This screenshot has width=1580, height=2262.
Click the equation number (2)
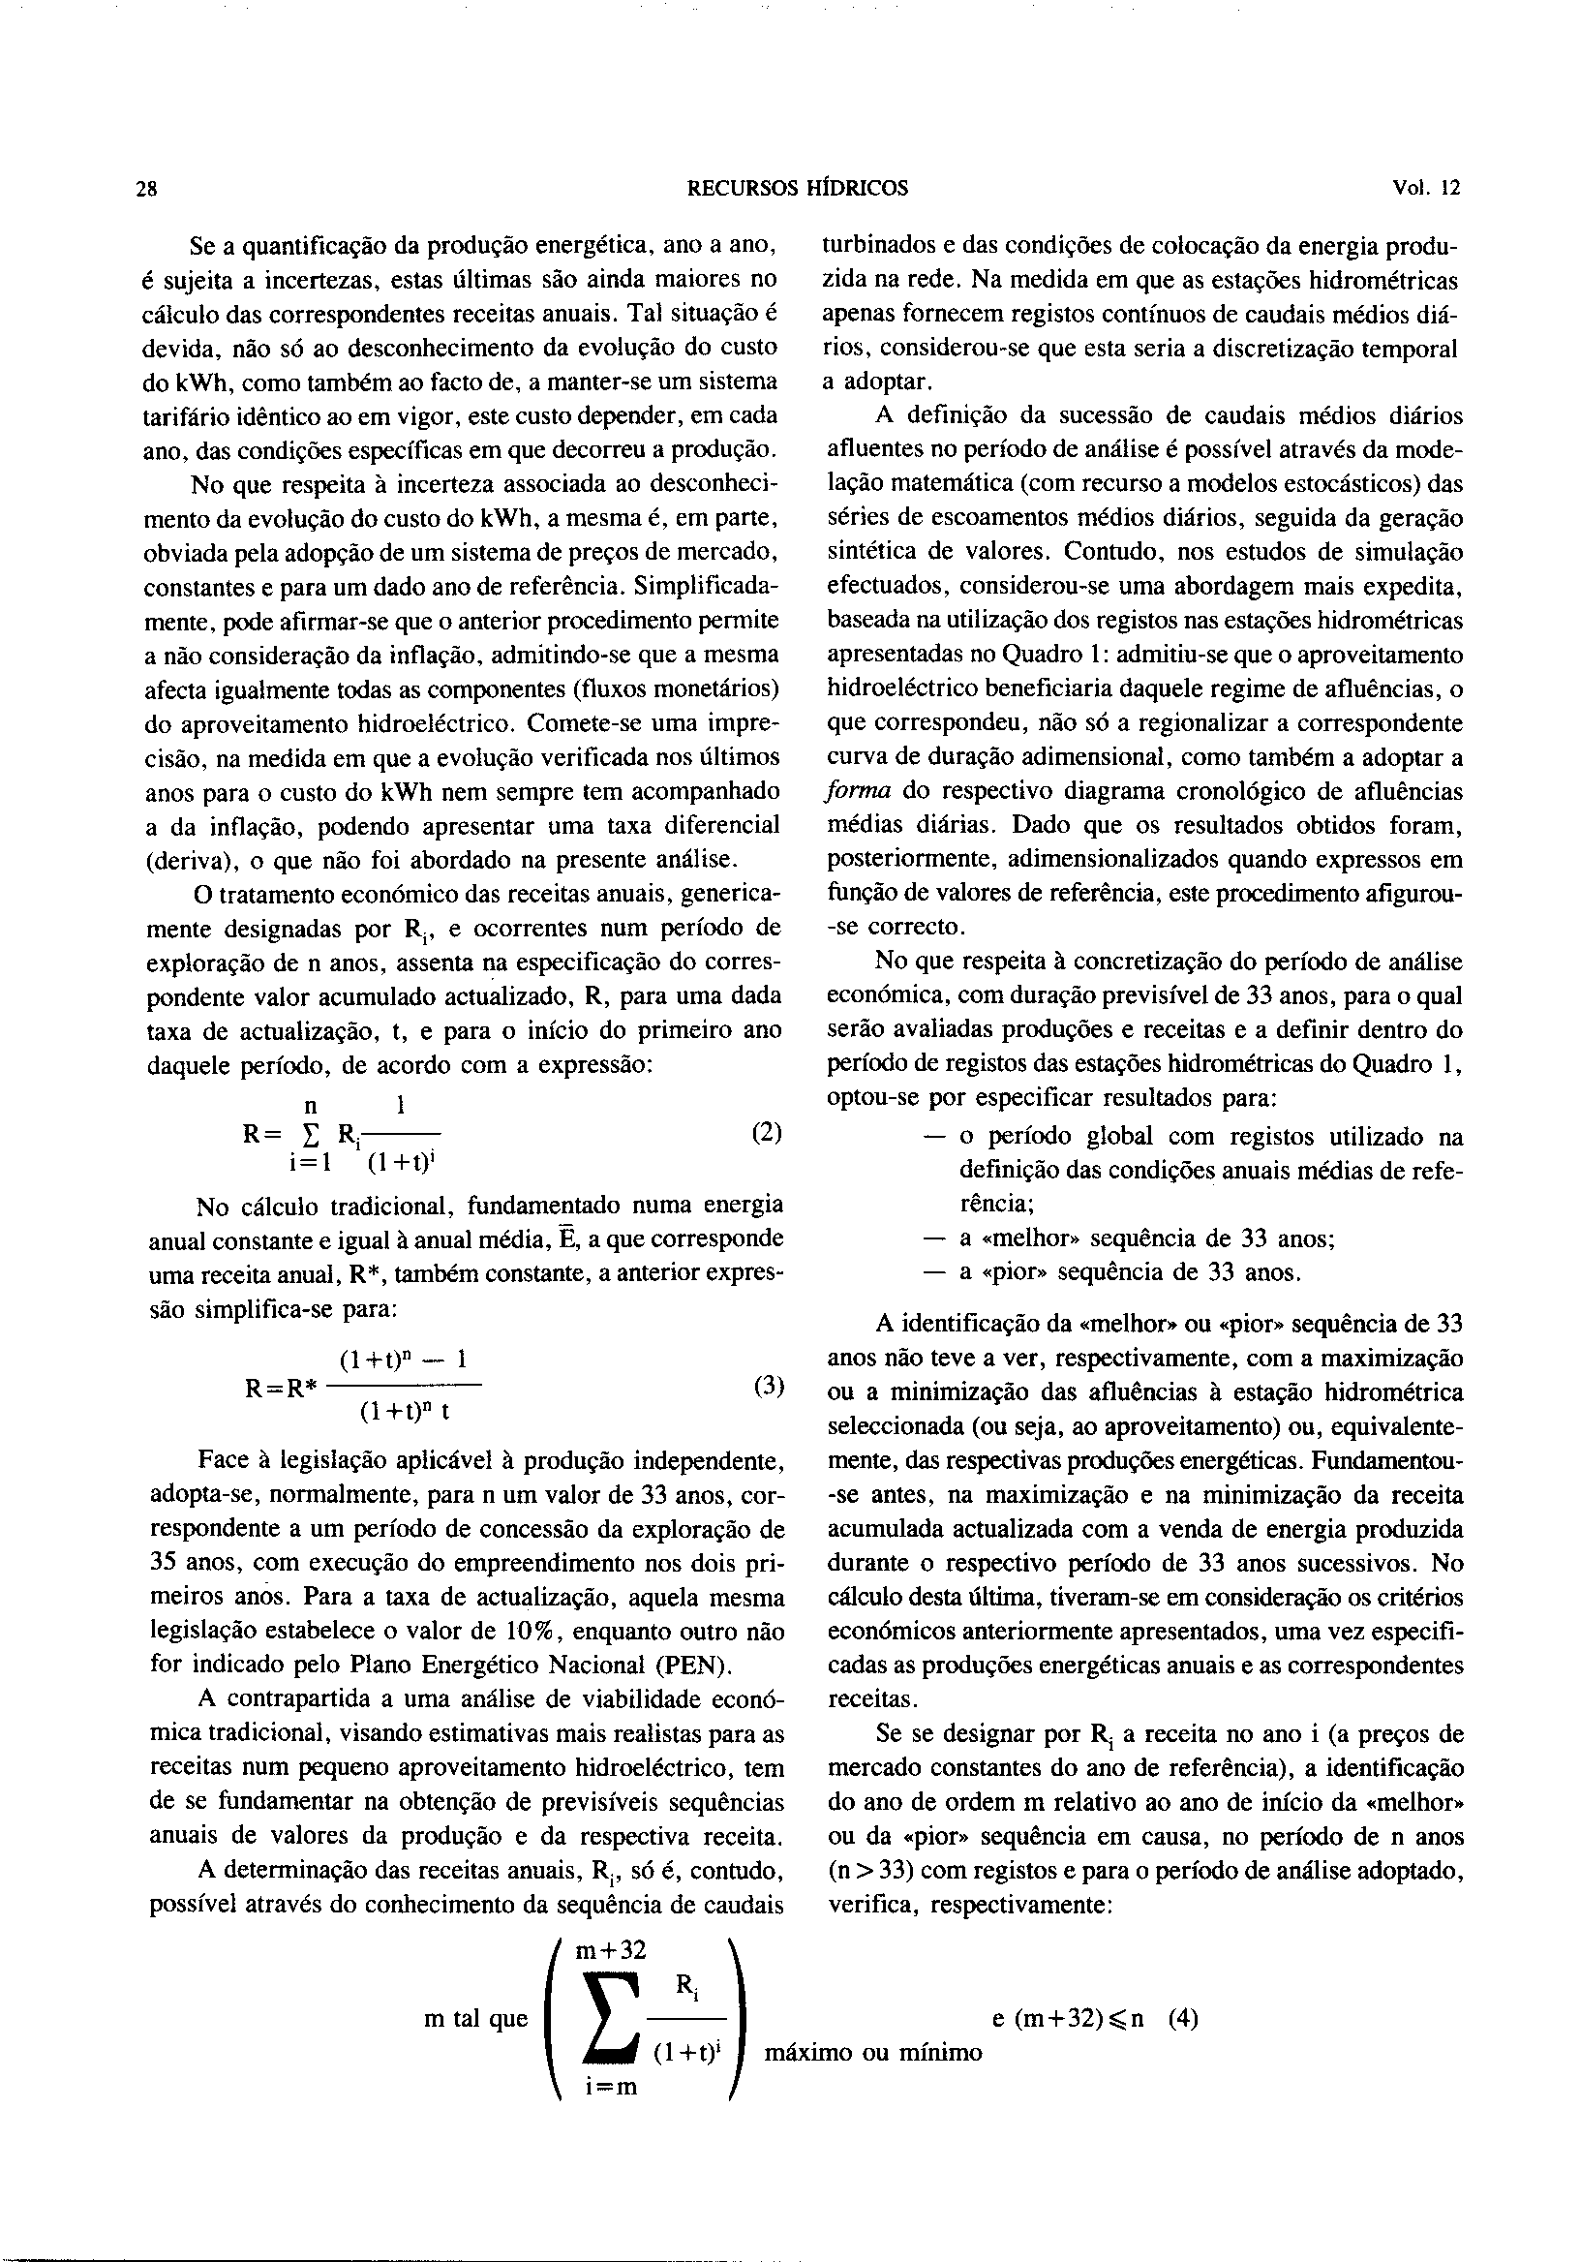766,1133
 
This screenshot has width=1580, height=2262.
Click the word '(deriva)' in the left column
186,860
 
